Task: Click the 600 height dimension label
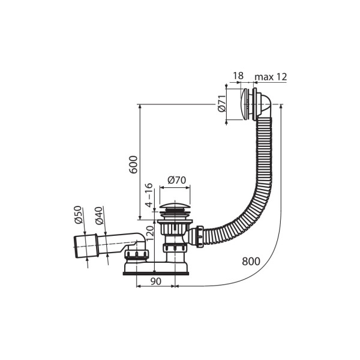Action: (x=133, y=164)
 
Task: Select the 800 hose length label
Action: (x=251, y=261)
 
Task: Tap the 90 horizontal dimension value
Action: (x=155, y=281)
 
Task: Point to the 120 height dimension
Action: (x=149, y=233)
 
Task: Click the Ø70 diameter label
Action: (x=176, y=180)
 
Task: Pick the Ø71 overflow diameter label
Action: (x=222, y=103)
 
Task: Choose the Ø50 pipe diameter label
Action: (x=78, y=215)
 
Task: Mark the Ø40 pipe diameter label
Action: (x=99, y=216)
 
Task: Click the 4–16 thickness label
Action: (x=149, y=195)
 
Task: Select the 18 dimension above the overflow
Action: (x=238, y=76)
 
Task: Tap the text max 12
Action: (x=271, y=77)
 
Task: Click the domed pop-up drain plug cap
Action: (x=175, y=206)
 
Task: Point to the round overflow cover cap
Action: (x=245, y=104)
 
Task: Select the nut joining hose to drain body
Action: (x=200, y=237)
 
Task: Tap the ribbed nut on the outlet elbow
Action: (x=137, y=255)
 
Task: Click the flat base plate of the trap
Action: (x=157, y=273)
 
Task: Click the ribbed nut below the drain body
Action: (x=175, y=248)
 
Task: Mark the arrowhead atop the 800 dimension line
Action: (x=281, y=107)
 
